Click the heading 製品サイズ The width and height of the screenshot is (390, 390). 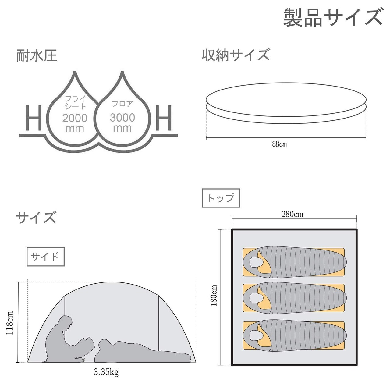333,17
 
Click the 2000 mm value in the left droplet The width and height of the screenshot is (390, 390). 75,122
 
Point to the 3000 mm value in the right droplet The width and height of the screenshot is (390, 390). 122,122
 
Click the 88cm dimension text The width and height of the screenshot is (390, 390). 279,144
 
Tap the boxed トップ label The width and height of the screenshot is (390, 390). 221,198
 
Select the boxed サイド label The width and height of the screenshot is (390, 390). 45,257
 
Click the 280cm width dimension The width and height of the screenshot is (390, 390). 292,214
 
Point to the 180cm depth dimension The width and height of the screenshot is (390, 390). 214,295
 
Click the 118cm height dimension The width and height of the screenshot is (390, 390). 10,323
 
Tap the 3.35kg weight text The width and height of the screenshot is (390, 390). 106,372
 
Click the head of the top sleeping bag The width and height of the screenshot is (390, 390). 254,261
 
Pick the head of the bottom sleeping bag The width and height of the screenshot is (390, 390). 254,335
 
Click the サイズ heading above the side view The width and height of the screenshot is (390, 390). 36,217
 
